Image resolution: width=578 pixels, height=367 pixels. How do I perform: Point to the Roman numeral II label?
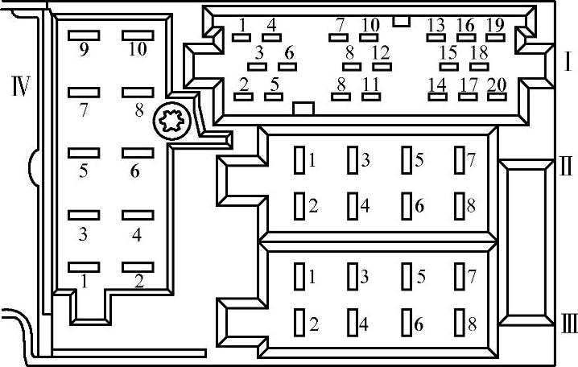[565, 167]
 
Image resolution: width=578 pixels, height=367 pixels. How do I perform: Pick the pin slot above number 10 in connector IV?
[138, 35]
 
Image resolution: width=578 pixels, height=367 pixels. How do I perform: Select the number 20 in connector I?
[497, 84]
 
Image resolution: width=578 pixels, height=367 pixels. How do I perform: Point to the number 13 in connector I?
[436, 25]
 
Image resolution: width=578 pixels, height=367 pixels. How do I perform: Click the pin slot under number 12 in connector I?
[382, 66]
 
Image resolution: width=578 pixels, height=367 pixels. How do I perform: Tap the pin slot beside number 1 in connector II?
[299, 159]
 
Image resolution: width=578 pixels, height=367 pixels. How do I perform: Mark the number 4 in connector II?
[365, 205]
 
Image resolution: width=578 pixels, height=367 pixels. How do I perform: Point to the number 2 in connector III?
[313, 324]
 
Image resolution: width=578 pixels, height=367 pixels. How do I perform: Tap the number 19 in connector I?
[495, 25]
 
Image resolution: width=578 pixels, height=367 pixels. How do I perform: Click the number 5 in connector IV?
[83, 170]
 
